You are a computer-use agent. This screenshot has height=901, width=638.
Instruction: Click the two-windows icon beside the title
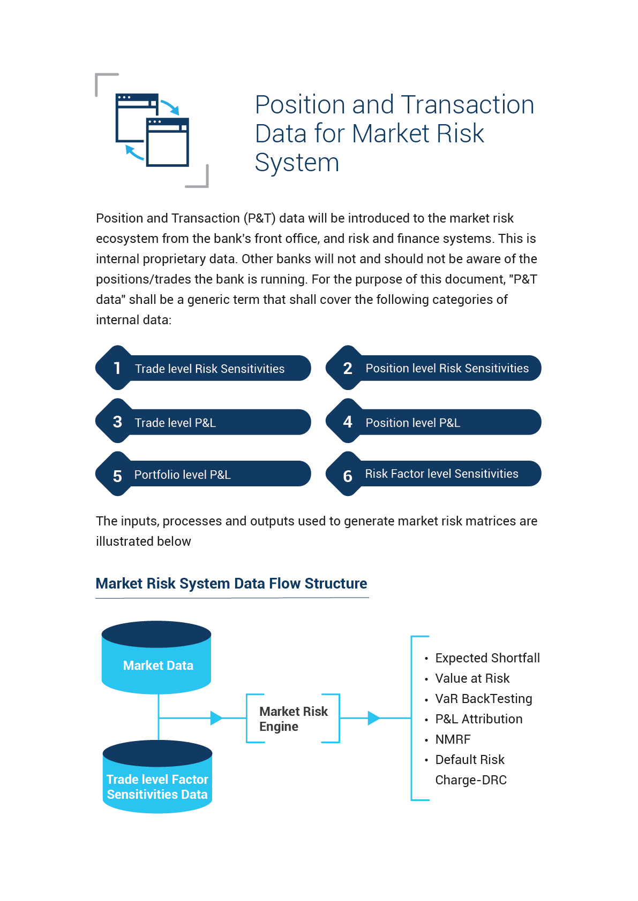tap(152, 129)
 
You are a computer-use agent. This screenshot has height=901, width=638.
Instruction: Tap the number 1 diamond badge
tap(117, 368)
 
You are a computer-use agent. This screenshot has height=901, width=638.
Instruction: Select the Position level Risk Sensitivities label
tap(447, 368)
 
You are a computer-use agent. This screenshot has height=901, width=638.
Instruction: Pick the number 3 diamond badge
tap(117, 421)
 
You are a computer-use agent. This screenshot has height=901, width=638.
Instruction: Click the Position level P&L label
tap(413, 422)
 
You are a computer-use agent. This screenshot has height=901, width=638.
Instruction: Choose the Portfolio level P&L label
tap(183, 475)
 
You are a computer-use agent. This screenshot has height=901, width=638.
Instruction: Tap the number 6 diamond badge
tap(348, 474)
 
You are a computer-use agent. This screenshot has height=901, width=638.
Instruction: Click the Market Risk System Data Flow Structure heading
tap(231, 583)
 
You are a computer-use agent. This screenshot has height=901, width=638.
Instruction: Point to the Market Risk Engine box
tap(293, 719)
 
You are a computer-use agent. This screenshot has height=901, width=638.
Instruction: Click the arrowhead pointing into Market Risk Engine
tap(216, 718)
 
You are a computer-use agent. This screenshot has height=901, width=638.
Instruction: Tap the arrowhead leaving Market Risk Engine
tap(374, 718)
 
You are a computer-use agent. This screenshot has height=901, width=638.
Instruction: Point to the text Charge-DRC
tap(471, 780)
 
